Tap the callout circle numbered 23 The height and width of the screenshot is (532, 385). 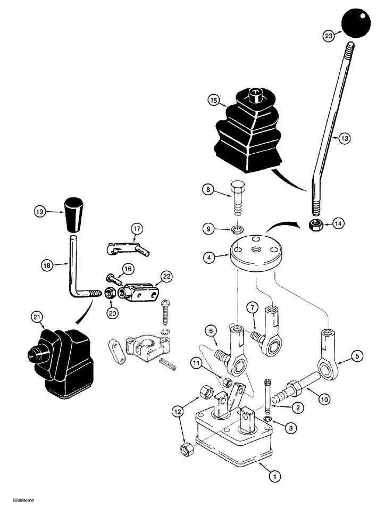[x=328, y=36]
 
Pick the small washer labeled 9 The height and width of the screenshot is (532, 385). [x=238, y=230]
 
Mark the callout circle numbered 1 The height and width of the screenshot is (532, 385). [x=274, y=477]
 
